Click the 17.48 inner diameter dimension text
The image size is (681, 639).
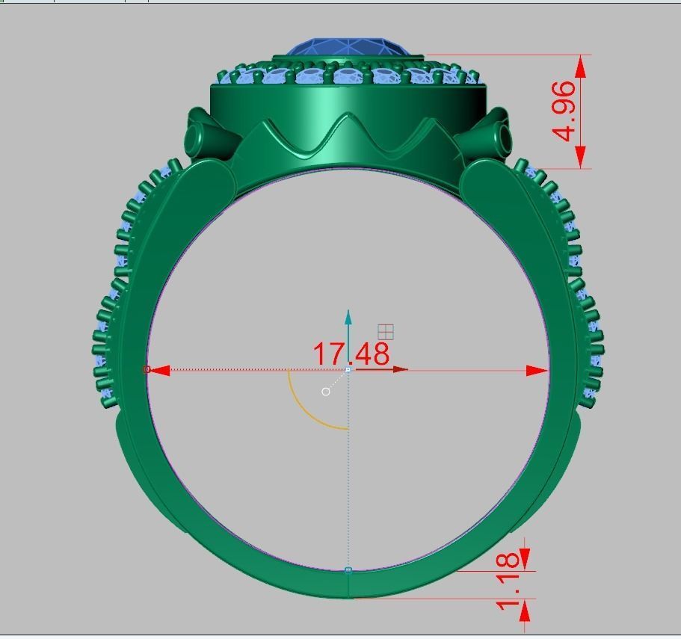tap(351, 354)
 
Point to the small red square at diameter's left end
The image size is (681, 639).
tap(147, 369)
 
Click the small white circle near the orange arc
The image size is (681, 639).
tap(326, 392)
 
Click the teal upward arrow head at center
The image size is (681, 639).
tap(348, 316)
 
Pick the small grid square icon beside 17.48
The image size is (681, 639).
tap(386, 332)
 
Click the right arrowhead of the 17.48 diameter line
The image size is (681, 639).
tap(538, 370)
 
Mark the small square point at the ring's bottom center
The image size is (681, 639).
tap(348, 570)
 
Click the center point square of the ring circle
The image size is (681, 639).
tap(348, 370)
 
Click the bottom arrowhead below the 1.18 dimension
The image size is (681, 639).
tap(524, 611)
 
